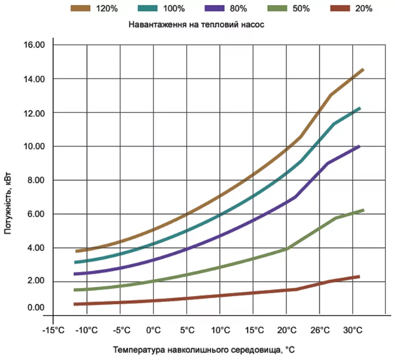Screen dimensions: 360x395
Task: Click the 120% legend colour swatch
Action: point(81,8)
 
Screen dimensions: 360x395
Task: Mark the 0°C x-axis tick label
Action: point(153,329)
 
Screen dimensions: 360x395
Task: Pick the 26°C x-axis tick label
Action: point(320,329)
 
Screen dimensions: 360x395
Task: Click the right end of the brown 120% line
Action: point(363,69)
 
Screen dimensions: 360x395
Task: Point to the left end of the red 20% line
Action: point(74,304)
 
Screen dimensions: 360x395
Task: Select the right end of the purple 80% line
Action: point(359,146)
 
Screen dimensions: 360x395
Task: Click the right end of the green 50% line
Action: point(363,210)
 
